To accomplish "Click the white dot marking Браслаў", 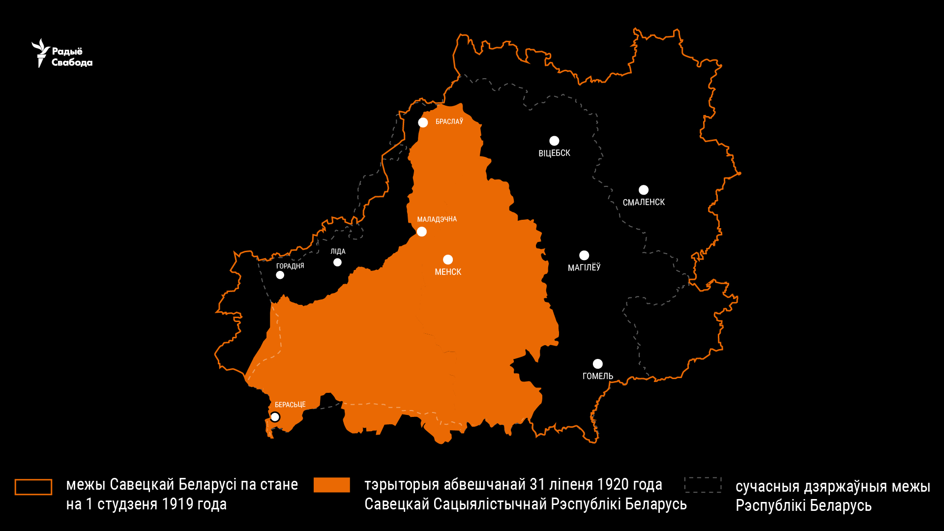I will pos(423,122).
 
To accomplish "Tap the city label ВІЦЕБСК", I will pos(554,153).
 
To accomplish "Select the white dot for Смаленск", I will pos(643,190).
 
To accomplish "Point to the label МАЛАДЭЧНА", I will pos(437,219).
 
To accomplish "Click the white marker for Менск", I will pos(448,260).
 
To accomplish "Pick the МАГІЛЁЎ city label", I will pos(584,267).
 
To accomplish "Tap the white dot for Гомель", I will pos(598,364).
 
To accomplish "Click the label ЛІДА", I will pos(338,251).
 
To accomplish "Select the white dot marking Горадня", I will pos(280,275).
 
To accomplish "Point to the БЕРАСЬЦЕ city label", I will pos(290,405).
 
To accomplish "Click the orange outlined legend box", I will pos(33,487).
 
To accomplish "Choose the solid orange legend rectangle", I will pos(332,485).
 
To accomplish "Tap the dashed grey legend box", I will pos(703,485).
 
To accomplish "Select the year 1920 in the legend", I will pos(592,485).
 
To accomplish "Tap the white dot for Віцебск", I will pos(554,141).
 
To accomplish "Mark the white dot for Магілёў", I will pos(584,255).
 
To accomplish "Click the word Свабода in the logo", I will pos(72,62).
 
